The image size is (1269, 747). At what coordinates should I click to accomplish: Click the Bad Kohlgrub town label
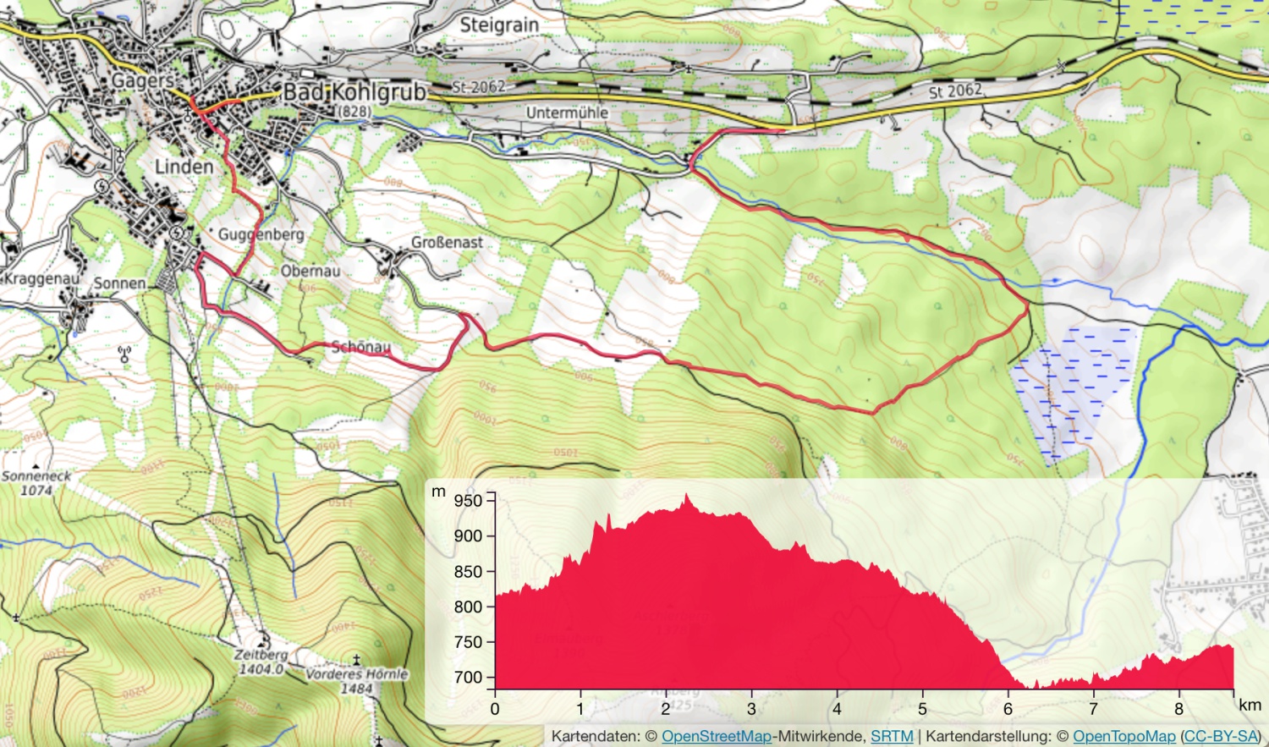click(x=354, y=91)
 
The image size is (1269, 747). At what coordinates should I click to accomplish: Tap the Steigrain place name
click(x=499, y=25)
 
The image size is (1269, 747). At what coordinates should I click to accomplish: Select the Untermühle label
click(x=567, y=113)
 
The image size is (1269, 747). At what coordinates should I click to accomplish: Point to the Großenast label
click(x=447, y=243)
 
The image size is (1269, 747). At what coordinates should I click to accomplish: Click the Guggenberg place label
click(x=261, y=234)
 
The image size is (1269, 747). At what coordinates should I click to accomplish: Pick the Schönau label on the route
click(x=361, y=347)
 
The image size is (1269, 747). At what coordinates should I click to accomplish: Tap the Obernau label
click(x=310, y=272)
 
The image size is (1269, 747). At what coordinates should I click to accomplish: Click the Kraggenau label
click(x=41, y=278)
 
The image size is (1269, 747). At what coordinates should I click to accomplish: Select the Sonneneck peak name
click(x=36, y=476)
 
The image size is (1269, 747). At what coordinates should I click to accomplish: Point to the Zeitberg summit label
click(x=261, y=655)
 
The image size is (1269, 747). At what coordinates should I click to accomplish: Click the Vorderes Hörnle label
click(x=356, y=674)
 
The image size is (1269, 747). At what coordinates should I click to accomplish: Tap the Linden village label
click(x=184, y=167)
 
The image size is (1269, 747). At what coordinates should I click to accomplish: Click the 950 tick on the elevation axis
click(x=468, y=500)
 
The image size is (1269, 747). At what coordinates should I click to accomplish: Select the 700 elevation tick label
click(x=468, y=677)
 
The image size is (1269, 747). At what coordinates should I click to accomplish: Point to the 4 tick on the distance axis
click(x=837, y=709)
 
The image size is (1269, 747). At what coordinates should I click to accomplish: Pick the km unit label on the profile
click(x=1250, y=705)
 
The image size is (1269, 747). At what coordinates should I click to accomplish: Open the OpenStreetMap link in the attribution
click(x=717, y=737)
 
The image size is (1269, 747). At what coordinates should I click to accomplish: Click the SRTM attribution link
click(x=892, y=737)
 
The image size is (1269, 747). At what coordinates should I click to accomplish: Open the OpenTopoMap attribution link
click(x=1124, y=737)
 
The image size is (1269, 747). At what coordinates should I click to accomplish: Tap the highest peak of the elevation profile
click(x=686, y=496)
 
